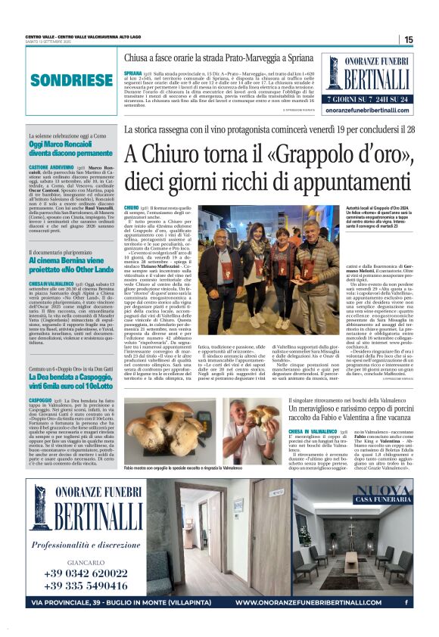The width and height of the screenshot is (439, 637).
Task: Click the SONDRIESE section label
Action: coord(66,79)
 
